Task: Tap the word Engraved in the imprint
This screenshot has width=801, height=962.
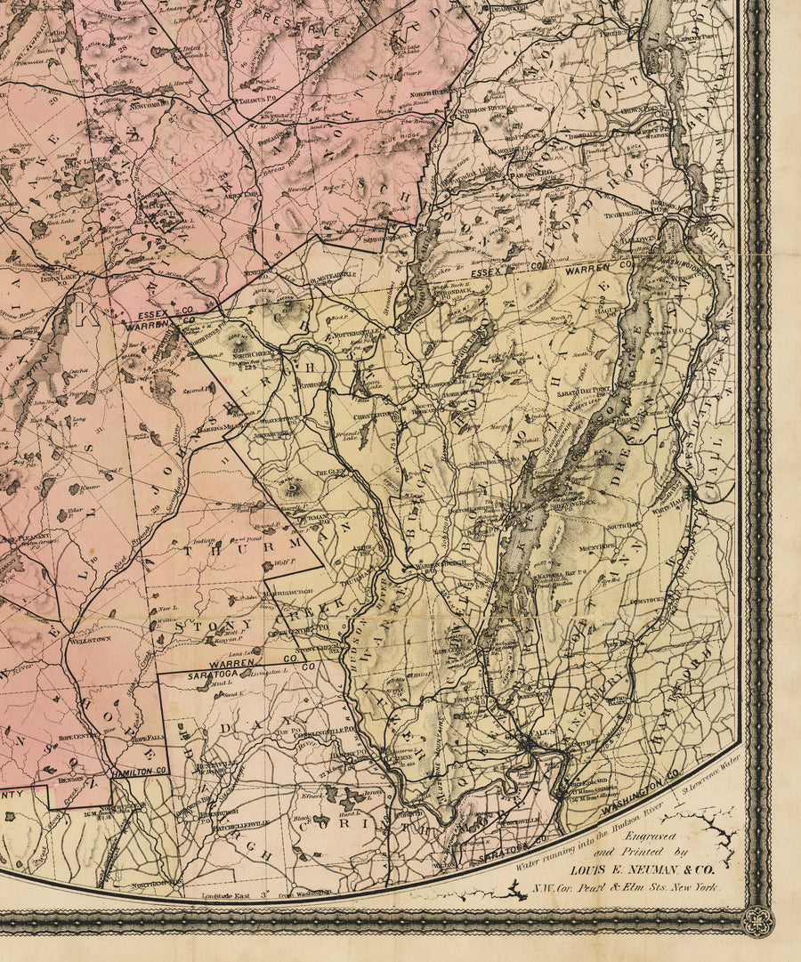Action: [x=647, y=837]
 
